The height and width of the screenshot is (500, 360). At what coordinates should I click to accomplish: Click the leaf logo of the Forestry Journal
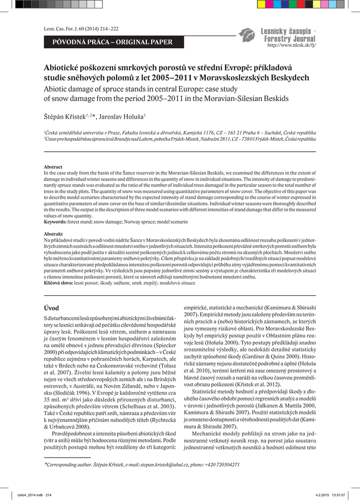(246, 34)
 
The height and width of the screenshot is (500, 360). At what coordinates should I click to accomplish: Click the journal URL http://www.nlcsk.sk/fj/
(292, 45)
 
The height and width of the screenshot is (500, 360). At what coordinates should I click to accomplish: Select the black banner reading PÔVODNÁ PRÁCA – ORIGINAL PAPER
(112, 42)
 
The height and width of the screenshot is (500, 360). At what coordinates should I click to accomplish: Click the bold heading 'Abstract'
(53, 167)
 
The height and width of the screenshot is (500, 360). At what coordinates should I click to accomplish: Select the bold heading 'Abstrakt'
(53, 234)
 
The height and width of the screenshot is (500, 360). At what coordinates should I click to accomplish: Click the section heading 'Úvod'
(51, 308)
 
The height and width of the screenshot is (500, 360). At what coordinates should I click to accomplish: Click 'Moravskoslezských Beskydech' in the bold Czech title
(259, 78)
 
